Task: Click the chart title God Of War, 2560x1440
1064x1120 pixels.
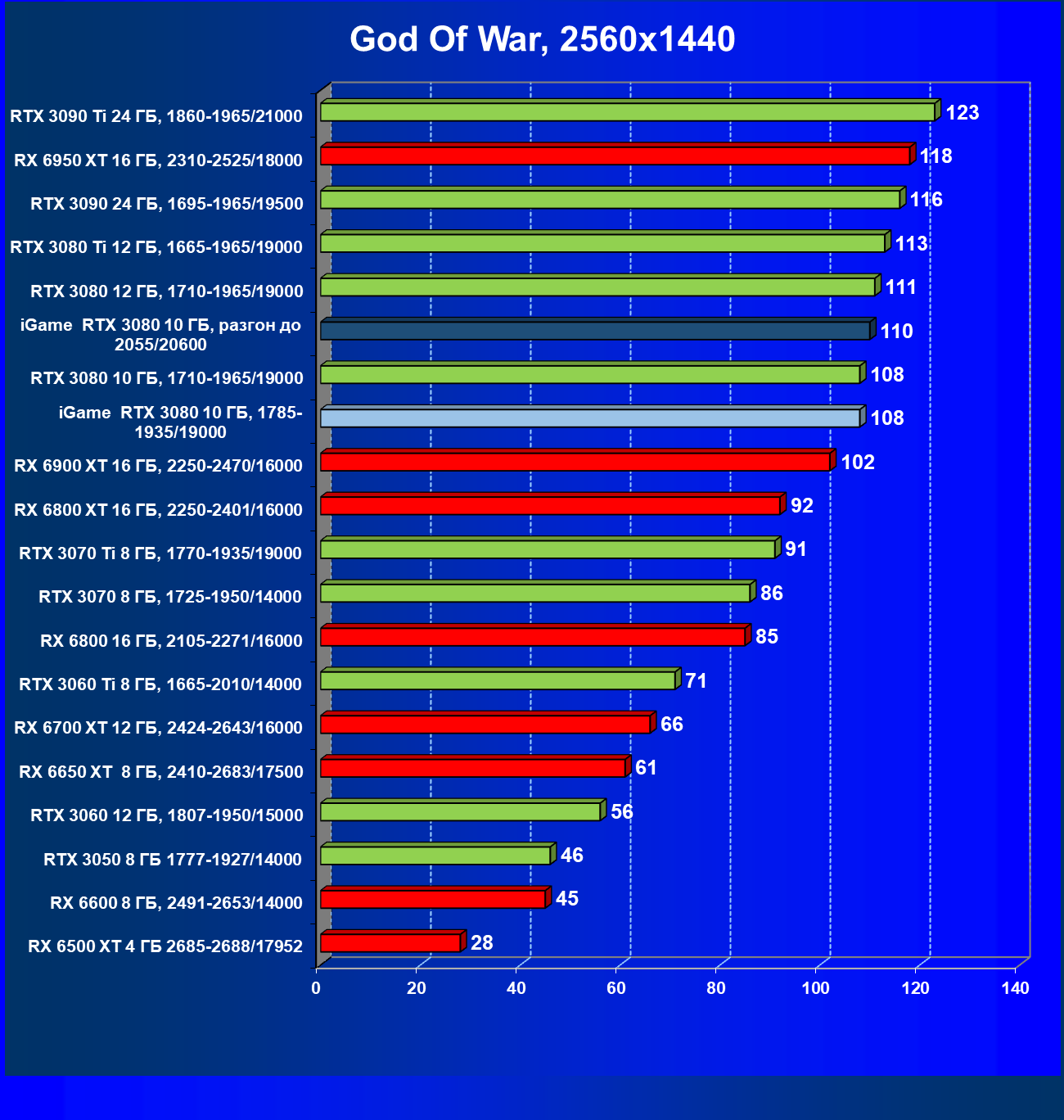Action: (542, 39)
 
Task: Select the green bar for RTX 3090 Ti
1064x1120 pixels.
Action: (627, 112)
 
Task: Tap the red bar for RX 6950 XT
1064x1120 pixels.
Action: (615, 156)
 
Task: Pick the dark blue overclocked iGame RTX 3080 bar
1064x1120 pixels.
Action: (595, 331)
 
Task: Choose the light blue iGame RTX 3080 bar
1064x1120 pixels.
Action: (590, 418)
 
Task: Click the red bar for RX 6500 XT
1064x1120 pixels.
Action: (390, 942)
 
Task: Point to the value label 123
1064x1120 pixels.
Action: (962, 113)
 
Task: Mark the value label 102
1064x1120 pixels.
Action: (857, 463)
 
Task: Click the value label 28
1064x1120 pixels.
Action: (481, 943)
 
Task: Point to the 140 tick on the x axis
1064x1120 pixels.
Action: (1015, 988)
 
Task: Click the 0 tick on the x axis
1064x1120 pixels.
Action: (316, 988)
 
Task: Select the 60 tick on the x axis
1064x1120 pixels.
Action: (615, 988)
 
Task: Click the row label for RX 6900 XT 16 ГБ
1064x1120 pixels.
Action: (158, 466)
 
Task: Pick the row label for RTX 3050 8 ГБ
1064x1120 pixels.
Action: (172, 859)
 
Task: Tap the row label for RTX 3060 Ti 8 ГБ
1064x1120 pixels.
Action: (160, 684)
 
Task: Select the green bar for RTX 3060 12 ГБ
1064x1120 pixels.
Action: (460, 811)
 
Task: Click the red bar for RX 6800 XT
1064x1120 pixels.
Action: (550, 505)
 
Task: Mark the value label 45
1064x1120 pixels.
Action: (566, 899)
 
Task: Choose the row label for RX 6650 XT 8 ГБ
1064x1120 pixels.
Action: (160, 771)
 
